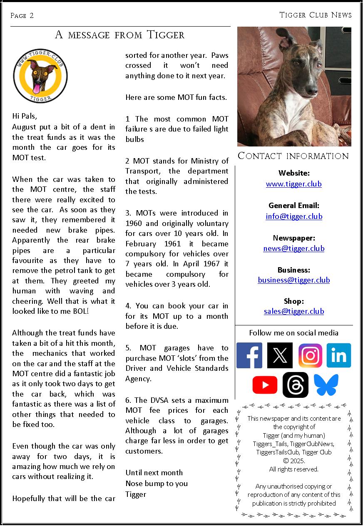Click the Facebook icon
coord(249,355)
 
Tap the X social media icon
coord(280,355)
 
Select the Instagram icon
coord(310,355)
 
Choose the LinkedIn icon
coord(339,355)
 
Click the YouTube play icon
coord(265,385)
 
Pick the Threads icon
coord(296,385)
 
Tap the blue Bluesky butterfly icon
coord(326,385)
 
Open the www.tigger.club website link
coord(294,184)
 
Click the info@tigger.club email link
coord(294,216)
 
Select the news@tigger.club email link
coord(294,248)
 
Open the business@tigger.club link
coord(294,280)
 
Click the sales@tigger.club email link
coord(294,311)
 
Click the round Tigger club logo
coord(40,75)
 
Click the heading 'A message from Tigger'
coord(120,35)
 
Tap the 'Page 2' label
coord(22,16)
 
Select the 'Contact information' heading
coord(293,156)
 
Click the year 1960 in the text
coord(134,223)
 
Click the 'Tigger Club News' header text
coord(316,15)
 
